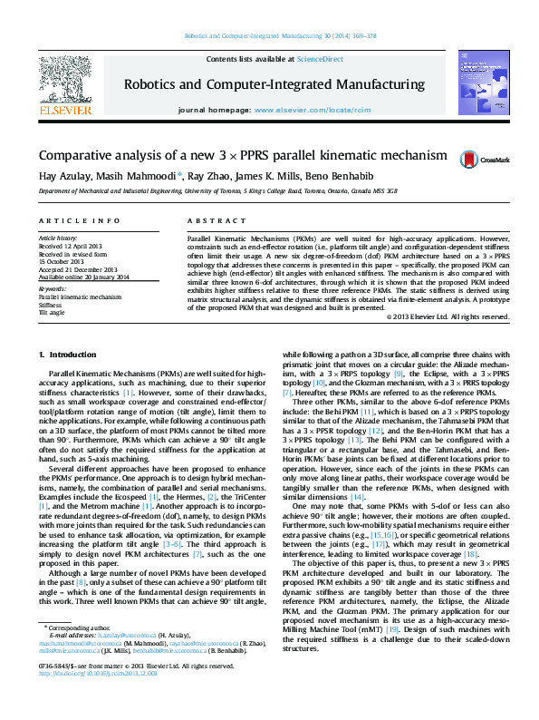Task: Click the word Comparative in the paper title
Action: click(86, 157)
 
